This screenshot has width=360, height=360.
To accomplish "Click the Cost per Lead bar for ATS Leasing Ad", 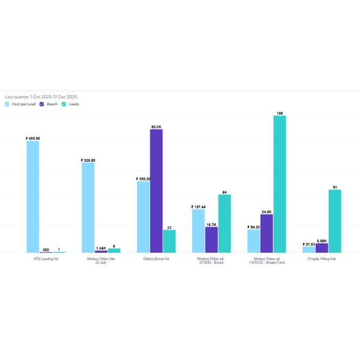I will (33, 196).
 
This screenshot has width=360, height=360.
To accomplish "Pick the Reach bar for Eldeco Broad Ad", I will (156, 191).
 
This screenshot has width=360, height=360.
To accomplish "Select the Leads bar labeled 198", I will (280, 184).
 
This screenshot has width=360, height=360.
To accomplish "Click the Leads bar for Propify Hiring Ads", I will (335, 221).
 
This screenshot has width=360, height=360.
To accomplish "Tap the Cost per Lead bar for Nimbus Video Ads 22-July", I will (88, 207).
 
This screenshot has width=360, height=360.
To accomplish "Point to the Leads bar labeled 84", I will (224, 223).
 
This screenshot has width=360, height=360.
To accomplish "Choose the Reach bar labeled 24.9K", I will (267, 233).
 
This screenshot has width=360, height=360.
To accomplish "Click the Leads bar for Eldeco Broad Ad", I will (169, 241).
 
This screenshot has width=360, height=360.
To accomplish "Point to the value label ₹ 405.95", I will (33, 139).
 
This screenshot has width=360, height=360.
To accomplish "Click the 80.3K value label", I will (156, 127).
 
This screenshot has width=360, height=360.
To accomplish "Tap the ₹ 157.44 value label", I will (198, 207).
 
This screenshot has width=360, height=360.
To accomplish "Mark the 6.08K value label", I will (322, 241).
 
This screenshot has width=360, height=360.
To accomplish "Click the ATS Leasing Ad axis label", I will (46, 259).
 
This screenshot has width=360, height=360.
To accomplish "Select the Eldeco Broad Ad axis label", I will (156, 259).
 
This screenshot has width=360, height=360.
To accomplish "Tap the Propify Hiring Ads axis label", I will (322, 259).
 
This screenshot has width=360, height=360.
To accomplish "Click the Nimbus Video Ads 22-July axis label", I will (101, 261).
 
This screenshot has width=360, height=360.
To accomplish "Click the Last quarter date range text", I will (41, 97).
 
